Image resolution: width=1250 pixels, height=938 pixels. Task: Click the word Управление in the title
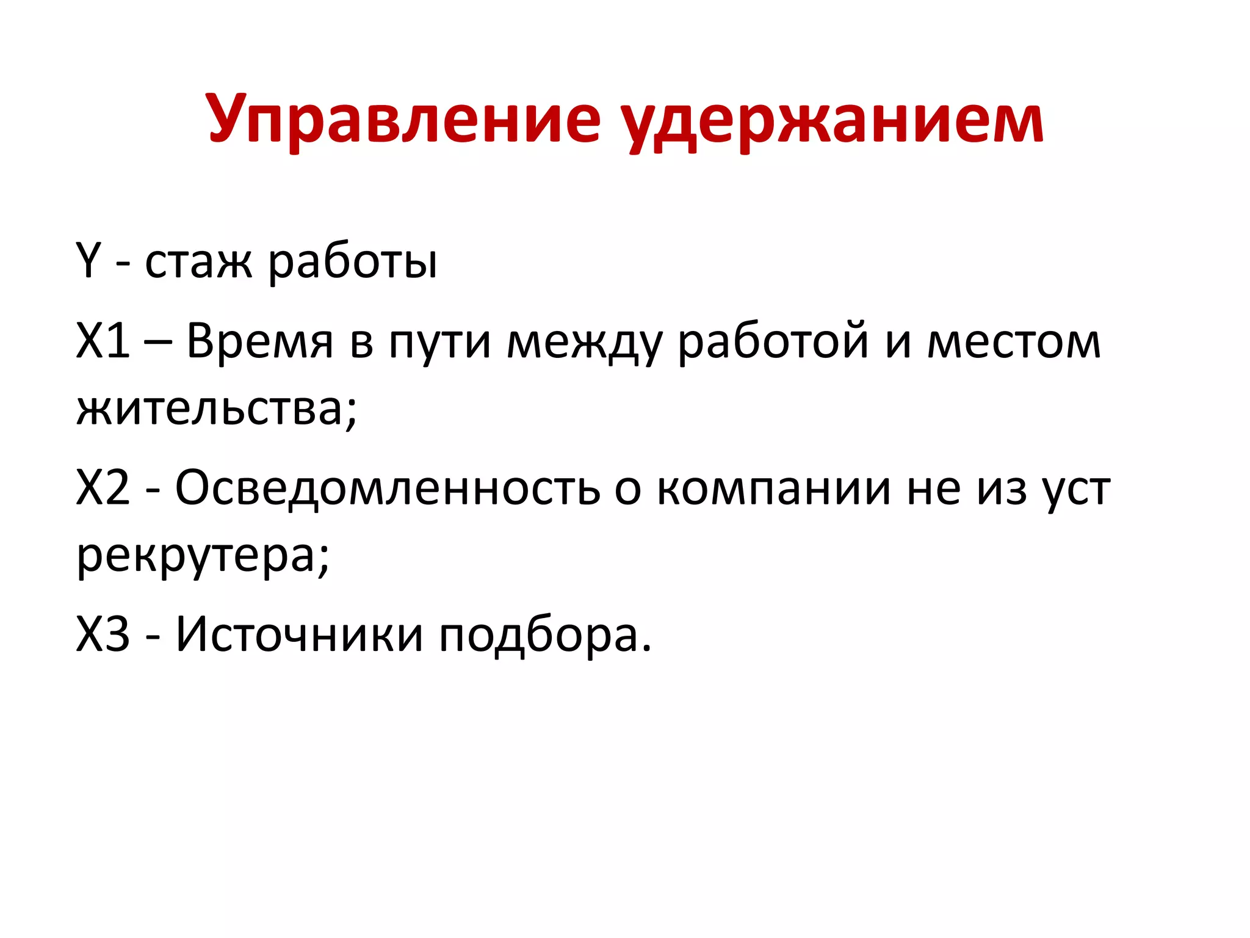pyautogui.click(x=403, y=119)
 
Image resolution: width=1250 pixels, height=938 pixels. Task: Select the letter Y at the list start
pyautogui.click(x=88, y=261)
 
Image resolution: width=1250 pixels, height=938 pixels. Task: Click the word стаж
pyautogui.click(x=198, y=263)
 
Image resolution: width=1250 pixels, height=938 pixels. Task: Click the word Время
pyautogui.click(x=259, y=341)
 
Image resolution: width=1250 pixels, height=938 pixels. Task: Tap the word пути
pyautogui.click(x=439, y=342)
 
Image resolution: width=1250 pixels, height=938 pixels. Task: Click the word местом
pyautogui.click(x=1014, y=342)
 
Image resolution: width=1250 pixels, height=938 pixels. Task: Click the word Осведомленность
pyautogui.click(x=388, y=489)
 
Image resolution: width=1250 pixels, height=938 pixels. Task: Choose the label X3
pyautogui.click(x=103, y=634)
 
